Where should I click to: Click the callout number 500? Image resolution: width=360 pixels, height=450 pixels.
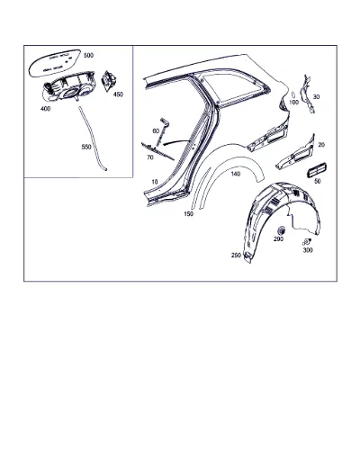point(88,55)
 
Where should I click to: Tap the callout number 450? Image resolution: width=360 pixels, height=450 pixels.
point(118,94)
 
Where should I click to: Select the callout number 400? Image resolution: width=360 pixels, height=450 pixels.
point(46,109)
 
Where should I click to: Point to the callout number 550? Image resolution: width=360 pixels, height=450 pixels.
point(86,147)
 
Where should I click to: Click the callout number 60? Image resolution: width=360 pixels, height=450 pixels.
point(156,131)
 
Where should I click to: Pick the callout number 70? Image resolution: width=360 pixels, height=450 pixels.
point(150,157)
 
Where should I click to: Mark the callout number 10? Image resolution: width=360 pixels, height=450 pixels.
point(155,182)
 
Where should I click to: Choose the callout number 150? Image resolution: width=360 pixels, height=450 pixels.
point(188,214)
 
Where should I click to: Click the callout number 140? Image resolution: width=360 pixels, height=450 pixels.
point(236,174)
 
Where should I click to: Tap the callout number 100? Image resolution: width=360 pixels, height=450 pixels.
point(294,103)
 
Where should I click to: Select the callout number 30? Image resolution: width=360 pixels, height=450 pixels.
point(317,96)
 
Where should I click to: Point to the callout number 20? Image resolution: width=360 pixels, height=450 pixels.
point(321,145)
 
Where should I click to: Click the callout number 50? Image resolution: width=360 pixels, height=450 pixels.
point(318,181)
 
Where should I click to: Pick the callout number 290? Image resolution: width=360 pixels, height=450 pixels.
point(278,238)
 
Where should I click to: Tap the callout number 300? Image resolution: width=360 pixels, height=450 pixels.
point(308,250)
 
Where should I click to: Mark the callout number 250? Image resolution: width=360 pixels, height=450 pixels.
point(236,256)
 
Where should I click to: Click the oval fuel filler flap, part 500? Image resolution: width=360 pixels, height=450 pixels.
point(55,63)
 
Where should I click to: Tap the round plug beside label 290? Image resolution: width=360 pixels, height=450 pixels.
point(282,230)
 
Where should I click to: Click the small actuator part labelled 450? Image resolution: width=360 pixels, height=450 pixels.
point(109,79)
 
